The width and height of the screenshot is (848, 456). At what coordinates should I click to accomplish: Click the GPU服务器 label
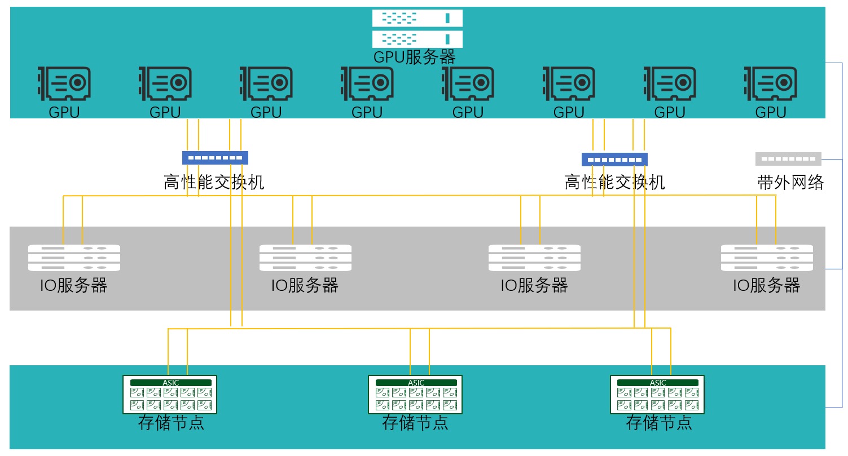coord(414,57)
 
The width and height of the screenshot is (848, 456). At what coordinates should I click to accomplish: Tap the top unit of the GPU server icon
coord(417,18)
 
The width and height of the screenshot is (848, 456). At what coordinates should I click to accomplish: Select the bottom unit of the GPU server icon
coord(417,38)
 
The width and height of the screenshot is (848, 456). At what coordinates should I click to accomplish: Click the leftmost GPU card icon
coord(64,83)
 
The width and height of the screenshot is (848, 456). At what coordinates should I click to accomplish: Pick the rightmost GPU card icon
coord(770,83)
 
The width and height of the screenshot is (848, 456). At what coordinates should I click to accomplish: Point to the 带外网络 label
coord(790,182)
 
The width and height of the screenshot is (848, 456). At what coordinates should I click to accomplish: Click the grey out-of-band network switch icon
coord(788,159)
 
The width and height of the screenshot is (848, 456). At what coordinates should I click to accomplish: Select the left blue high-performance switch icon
coord(215,158)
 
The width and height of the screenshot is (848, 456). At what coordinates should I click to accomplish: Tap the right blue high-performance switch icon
coord(614,159)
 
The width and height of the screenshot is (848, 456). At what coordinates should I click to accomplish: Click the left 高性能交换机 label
coord(214,182)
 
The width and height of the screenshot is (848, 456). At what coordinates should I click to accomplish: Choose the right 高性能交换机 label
coord(614,182)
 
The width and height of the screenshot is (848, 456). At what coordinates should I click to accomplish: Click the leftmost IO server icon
coord(74,258)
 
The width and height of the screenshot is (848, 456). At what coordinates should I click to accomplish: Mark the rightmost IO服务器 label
coord(766,285)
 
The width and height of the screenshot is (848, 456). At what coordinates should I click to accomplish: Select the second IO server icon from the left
coord(305,258)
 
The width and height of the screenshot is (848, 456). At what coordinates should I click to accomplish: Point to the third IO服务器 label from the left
coord(534,285)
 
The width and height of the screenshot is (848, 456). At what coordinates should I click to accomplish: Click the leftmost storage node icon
coord(170,394)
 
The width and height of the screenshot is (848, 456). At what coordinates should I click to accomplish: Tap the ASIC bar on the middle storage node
coord(415,383)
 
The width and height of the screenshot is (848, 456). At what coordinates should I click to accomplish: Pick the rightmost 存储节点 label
coord(658,422)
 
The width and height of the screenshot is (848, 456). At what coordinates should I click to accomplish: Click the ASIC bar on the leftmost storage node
coord(170,383)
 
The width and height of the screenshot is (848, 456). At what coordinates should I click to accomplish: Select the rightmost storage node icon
coord(658,394)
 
